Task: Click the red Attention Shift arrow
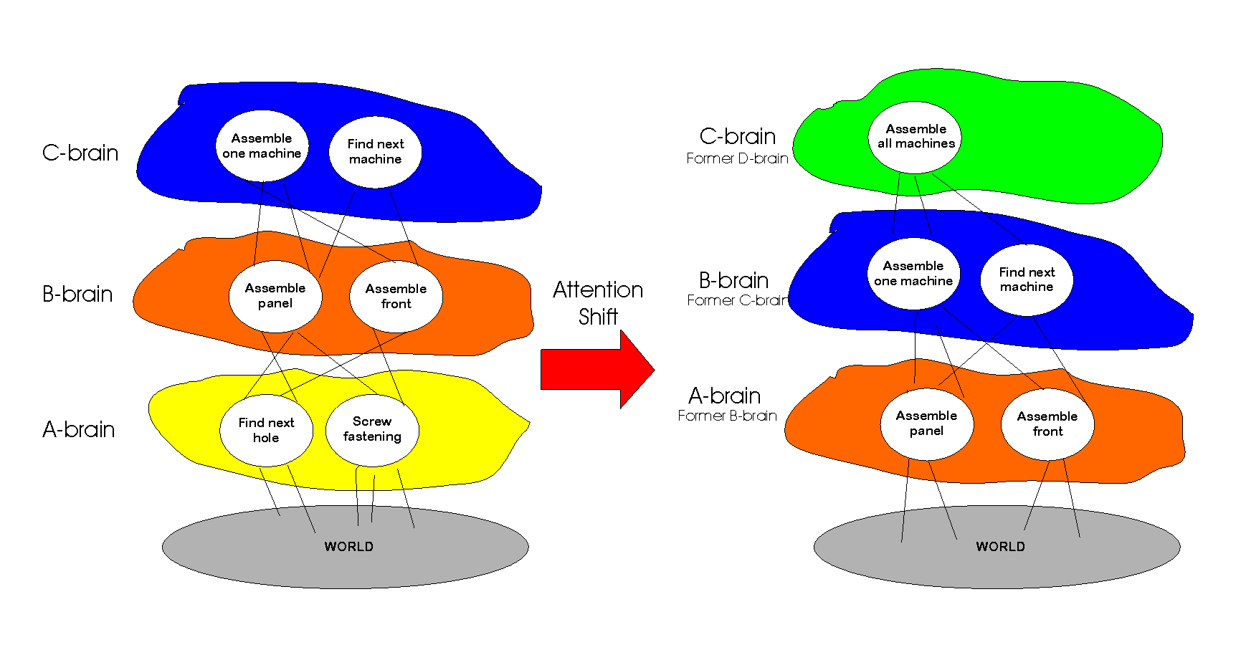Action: [x=595, y=370]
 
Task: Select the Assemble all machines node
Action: [x=916, y=137]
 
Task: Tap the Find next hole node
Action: [x=266, y=430]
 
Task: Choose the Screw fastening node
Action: [x=372, y=429]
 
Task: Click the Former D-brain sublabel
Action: [x=737, y=158]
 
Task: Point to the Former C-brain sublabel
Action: [x=737, y=300]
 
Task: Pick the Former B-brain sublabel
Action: [x=727, y=416]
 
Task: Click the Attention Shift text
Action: [x=598, y=302]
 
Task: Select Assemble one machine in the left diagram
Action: [x=262, y=146]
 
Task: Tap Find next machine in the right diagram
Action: [x=1027, y=279]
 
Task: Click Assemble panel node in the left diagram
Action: [x=275, y=296]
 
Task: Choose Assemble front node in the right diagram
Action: [x=1047, y=424]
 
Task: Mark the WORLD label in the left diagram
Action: [x=348, y=547]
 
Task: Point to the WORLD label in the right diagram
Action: [x=1000, y=547]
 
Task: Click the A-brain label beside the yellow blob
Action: [x=79, y=429]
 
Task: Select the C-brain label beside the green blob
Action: [x=737, y=136]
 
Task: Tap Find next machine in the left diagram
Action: [x=375, y=152]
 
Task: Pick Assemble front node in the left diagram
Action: [x=396, y=297]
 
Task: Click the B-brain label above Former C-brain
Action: [x=733, y=280]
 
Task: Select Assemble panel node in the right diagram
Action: [x=926, y=424]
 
